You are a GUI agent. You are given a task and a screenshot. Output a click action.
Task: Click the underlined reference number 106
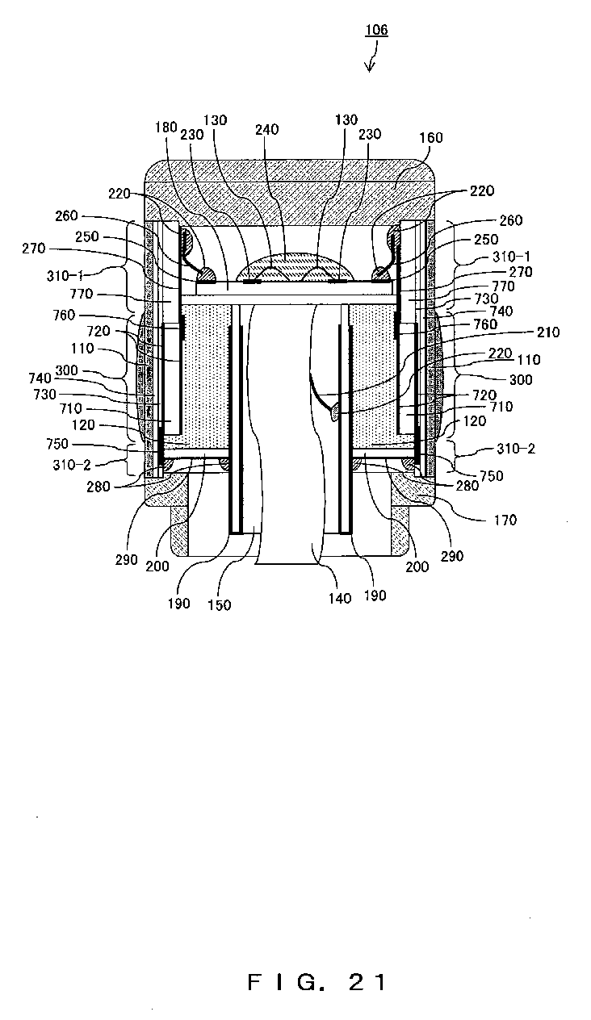click(x=376, y=30)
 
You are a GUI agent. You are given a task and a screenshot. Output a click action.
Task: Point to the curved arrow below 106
click(x=373, y=56)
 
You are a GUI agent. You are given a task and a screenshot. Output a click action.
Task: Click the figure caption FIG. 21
click(x=317, y=982)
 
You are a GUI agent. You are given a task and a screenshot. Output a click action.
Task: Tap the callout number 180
click(x=166, y=127)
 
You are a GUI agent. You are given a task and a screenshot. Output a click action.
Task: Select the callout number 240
click(x=266, y=130)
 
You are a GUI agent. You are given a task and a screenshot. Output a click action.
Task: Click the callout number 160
click(x=430, y=137)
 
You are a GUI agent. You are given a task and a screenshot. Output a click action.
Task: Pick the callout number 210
click(x=547, y=332)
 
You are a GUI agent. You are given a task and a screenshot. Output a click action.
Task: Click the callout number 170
click(x=505, y=520)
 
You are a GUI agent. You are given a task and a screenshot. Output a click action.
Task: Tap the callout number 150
click(x=219, y=604)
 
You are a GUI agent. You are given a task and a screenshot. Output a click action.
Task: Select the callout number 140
click(x=340, y=598)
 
